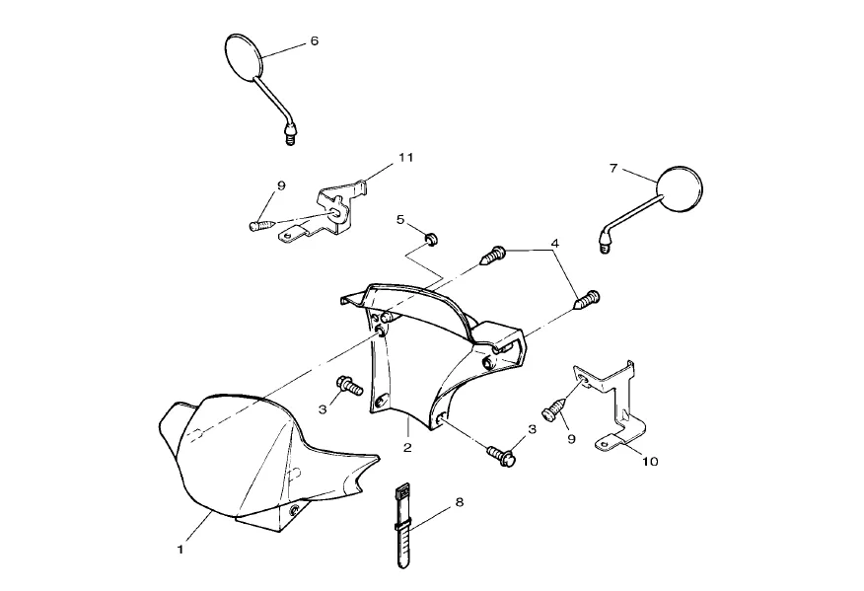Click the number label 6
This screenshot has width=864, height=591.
(314, 41)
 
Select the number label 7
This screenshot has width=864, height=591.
(612, 169)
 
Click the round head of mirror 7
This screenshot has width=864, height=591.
(680, 187)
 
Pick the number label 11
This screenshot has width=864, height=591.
(406, 157)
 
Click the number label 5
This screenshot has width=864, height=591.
(400, 219)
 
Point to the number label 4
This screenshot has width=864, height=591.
(554, 243)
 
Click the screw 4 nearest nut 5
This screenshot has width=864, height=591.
(492, 257)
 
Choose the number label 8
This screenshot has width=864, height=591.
(459, 502)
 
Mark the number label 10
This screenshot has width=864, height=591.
(649, 461)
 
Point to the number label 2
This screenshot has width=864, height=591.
(408, 446)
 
